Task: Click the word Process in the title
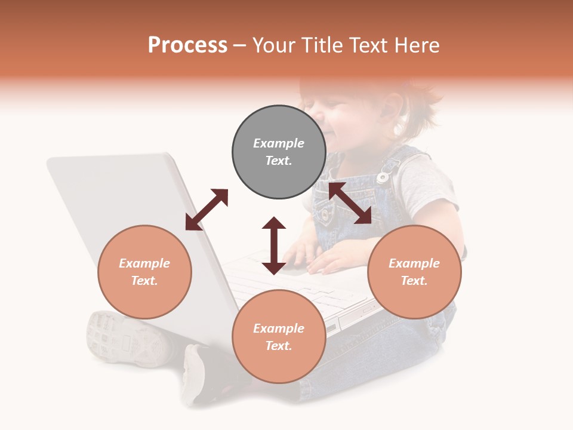pos(187,45)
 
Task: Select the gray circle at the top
pos(279,152)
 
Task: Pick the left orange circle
pos(144,272)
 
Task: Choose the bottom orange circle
pos(279,337)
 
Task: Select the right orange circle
pos(414,272)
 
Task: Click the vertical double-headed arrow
pos(274,245)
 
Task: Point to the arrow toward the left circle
pos(207,210)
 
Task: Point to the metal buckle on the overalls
pos(384,177)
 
